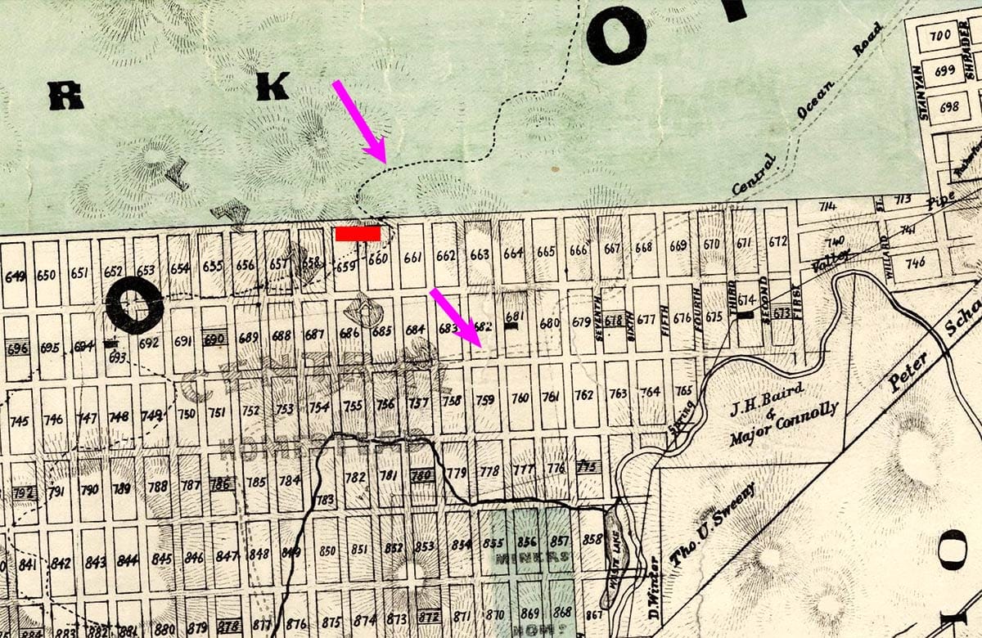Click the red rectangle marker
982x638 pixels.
pyautogui.click(x=358, y=234)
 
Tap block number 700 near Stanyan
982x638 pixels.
pyautogui.click(x=941, y=35)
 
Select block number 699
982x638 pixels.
pyautogui.click(x=944, y=71)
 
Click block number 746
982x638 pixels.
pyautogui.click(x=916, y=263)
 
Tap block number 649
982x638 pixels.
pyautogui.click(x=14, y=276)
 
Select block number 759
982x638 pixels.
pyautogui.click(x=485, y=400)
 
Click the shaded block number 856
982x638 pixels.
pyautogui.click(x=527, y=541)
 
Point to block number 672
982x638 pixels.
pyautogui.click(x=777, y=241)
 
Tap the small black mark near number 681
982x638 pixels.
pyautogui.click(x=511, y=326)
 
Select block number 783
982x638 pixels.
pyautogui.click(x=325, y=499)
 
